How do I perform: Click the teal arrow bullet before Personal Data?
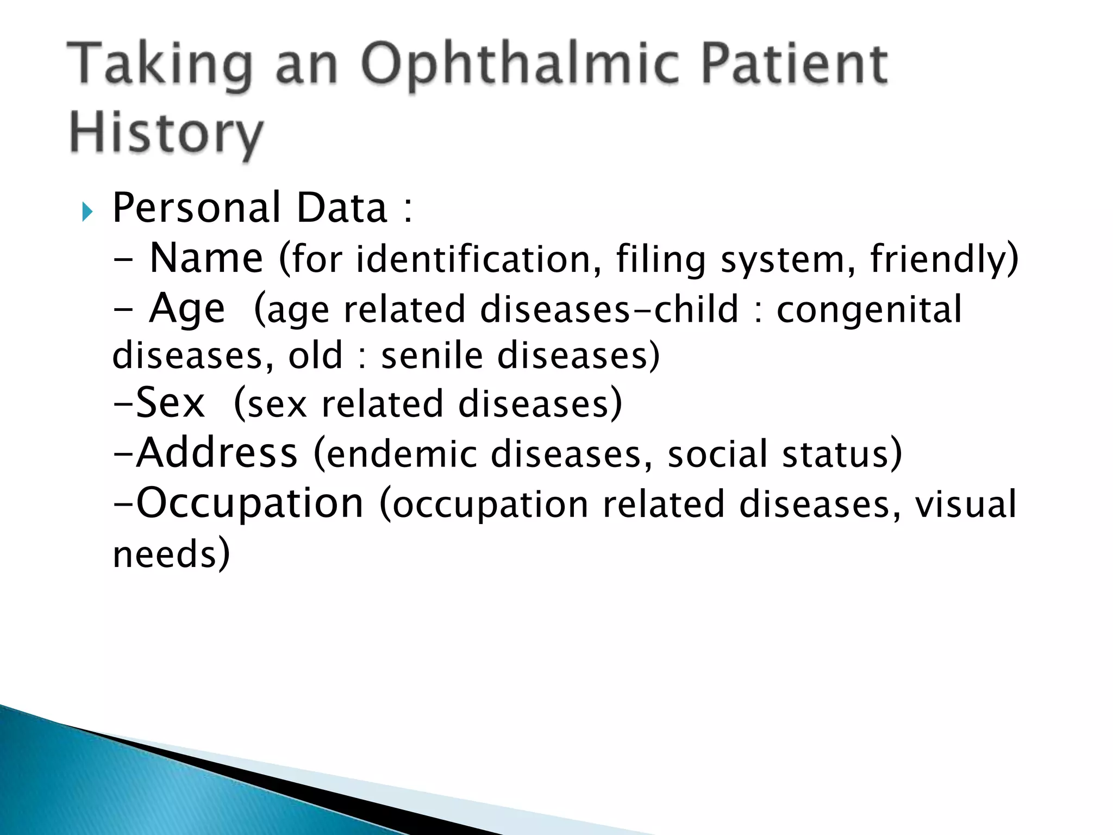(x=87, y=211)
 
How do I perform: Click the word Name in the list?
(x=206, y=258)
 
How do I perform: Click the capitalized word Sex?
(x=170, y=403)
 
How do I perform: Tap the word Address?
(x=217, y=453)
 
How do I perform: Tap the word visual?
(x=965, y=504)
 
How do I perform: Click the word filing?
(x=660, y=260)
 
